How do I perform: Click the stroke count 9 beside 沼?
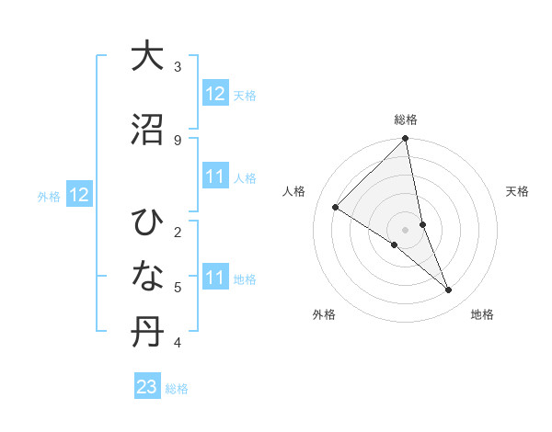(x=178, y=140)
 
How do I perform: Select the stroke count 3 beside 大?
(x=178, y=66)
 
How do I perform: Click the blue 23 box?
(x=147, y=387)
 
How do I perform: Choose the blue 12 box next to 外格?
(x=78, y=195)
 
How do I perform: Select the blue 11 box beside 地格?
(x=214, y=278)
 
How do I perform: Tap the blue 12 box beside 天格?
(x=214, y=93)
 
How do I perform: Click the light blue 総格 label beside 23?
(x=177, y=389)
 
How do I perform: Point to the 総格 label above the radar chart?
(x=406, y=119)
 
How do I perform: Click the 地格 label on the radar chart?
(x=482, y=314)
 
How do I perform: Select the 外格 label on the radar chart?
(x=324, y=314)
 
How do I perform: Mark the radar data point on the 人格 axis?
(x=335, y=208)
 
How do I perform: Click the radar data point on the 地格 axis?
(x=449, y=290)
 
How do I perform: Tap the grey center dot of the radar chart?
(x=406, y=229)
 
